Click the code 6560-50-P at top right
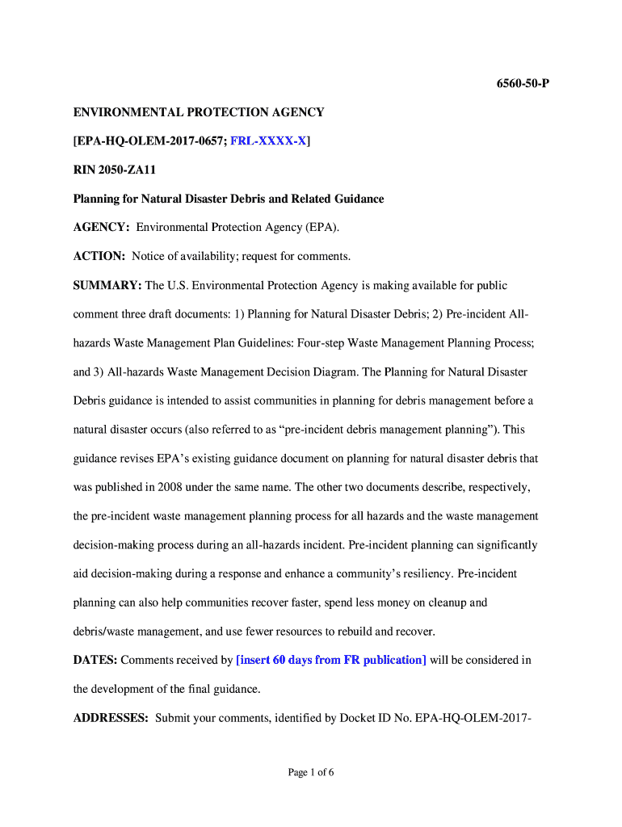click(x=522, y=84)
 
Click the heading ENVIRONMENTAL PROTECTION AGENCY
click(x=199, y=112)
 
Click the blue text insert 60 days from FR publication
click(x=330, y=660)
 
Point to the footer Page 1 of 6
click(x=311, y=773)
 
